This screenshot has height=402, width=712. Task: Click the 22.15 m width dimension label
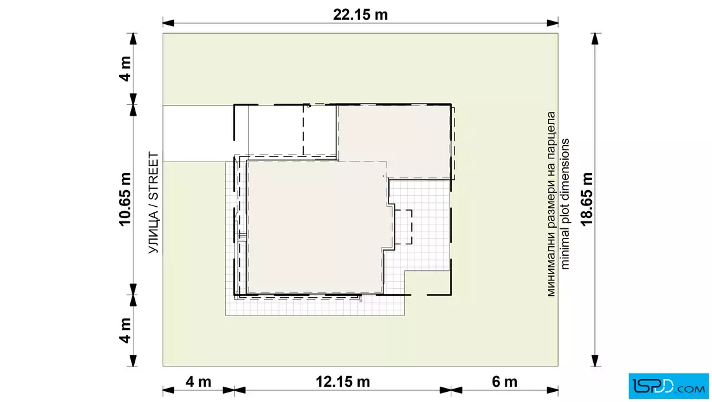pos(360,15)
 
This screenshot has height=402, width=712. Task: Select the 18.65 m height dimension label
pos(587,199)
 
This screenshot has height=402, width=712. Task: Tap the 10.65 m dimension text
pos(125,199)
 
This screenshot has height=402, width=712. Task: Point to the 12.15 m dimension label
pos(343,382)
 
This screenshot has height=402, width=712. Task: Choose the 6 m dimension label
pos(505,382)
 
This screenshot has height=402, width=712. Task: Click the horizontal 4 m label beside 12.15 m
pos(198,382)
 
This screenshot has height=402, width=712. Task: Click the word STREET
pos(154,176)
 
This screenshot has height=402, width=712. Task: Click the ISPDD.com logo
pos(668,386)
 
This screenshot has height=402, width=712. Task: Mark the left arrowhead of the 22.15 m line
pos(168,23)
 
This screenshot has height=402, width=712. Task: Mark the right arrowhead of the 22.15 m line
pos(552,23)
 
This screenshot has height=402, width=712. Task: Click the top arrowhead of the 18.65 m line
pos(595,39)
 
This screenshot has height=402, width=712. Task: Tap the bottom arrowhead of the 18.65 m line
pos(595,361)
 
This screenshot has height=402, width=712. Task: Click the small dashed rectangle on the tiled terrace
pos(403,227)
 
